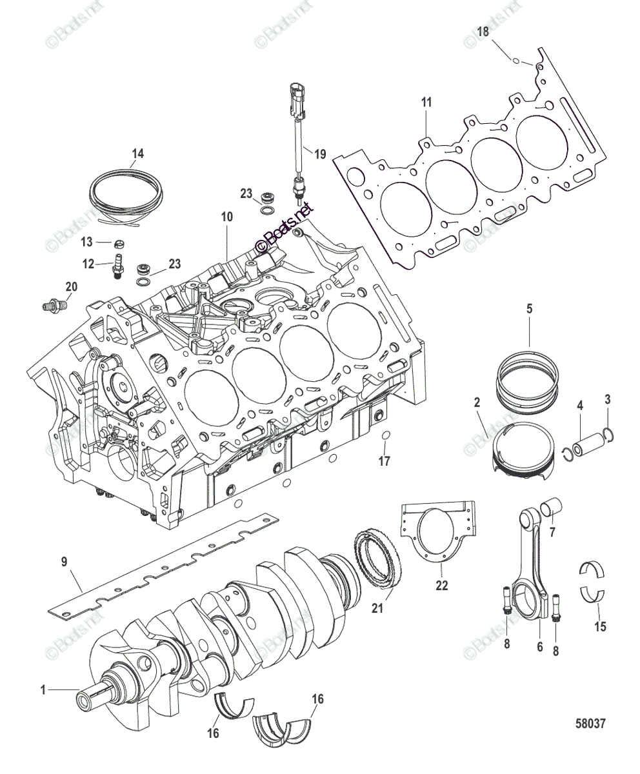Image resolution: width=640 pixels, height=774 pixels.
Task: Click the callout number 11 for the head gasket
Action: tap(426, 102)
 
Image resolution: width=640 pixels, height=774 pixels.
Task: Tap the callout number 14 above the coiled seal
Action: tap(137, 154)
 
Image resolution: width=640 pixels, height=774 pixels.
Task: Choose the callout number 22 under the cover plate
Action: tap(441, 586)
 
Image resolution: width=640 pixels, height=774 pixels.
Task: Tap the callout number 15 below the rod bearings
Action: tap(601, 626)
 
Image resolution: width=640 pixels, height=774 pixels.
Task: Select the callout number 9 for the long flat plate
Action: tap(64, 561)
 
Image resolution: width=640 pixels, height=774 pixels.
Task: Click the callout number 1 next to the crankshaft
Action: tap(43, 690)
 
